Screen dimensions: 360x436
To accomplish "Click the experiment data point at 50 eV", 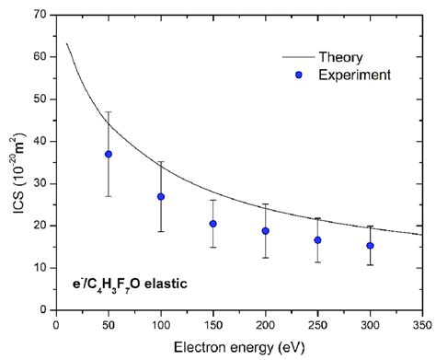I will [109, 154].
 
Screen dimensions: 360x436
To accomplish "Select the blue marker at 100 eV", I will [161, 196].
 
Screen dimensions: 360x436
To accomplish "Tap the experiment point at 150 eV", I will [213, 224].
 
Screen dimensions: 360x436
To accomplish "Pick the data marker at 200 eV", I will [266, 231].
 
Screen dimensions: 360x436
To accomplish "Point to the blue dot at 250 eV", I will [317, 240].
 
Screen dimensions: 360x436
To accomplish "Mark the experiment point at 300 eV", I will [370, 246].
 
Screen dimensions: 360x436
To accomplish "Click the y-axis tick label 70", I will [40, 15].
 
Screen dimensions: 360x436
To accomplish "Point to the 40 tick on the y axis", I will [40, 141].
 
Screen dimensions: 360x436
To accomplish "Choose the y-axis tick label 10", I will [40, 267].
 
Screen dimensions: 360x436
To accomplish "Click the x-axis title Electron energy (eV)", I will [239, 346].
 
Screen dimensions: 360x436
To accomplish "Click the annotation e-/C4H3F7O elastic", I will [134, 285].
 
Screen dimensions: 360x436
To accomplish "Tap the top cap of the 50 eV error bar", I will [109, 111].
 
